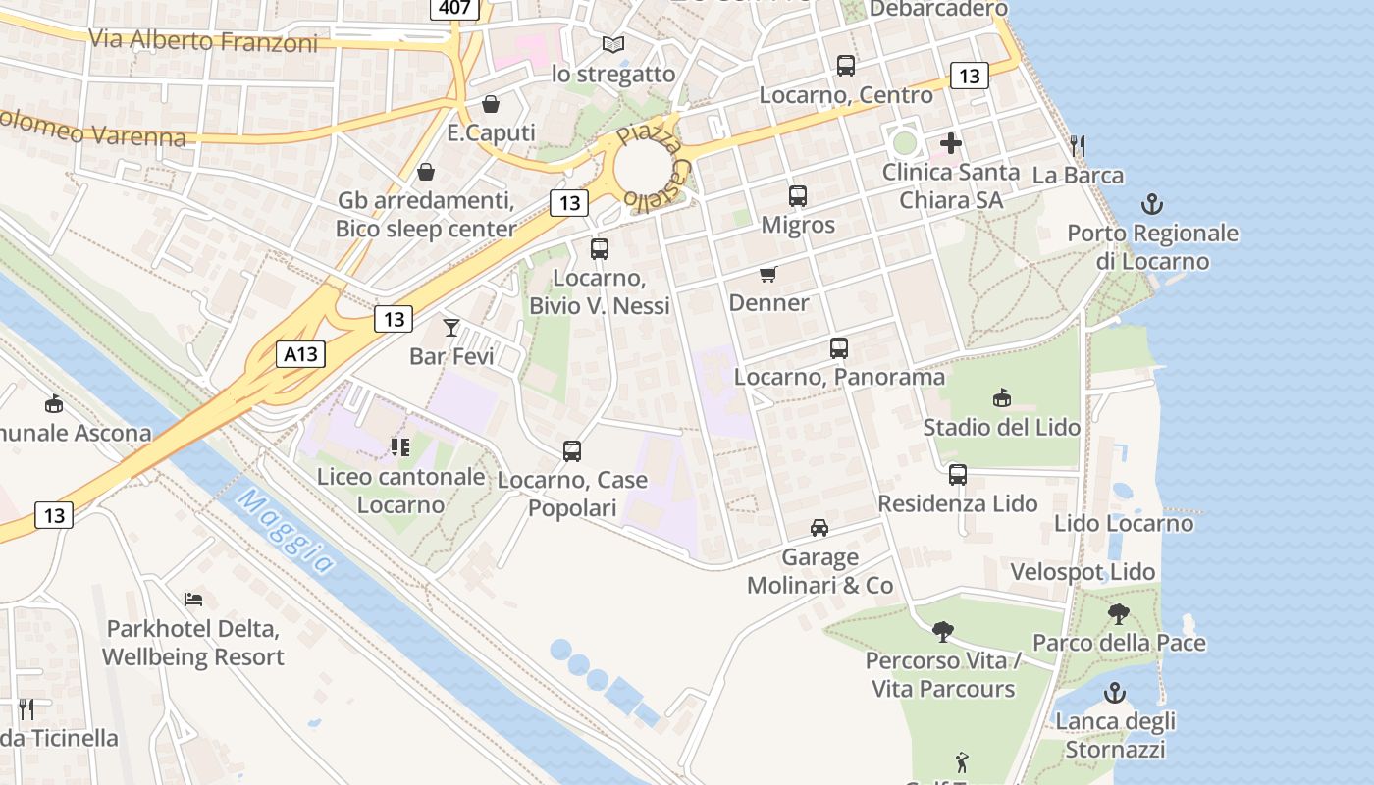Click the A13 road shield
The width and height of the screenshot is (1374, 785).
[x=300, y=354]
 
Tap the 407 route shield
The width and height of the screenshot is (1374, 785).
[x=454, y=8]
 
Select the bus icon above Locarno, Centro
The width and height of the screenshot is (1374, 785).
[x=846, y=66]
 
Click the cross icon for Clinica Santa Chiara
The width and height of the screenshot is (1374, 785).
[x=950, y=143]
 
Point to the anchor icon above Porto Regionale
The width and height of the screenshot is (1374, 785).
[x=1152, y=205]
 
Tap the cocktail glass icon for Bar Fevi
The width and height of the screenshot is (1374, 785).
[x=451, y=327]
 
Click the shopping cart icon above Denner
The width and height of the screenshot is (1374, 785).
[x=768, y=274]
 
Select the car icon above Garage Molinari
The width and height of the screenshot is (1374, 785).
[x=819, y=528]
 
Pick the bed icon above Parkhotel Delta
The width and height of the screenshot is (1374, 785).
[x=193, y=599]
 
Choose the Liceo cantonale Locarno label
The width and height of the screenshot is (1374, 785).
[x=400, y=491]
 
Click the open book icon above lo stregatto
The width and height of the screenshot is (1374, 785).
[x=613, y=45]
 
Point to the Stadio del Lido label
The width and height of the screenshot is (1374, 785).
[x=1001, y=428]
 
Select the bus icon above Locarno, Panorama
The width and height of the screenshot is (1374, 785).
[x=839, y=348]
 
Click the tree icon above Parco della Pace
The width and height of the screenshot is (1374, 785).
[x=1118, y=615]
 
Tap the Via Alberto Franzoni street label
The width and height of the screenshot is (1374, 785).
[x=202, y=41]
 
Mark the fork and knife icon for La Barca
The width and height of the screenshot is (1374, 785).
[x=1078, y=146]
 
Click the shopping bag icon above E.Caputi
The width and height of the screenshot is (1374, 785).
[x=491, y=104]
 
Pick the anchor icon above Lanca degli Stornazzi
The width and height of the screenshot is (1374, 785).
[x=1115, y=693]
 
